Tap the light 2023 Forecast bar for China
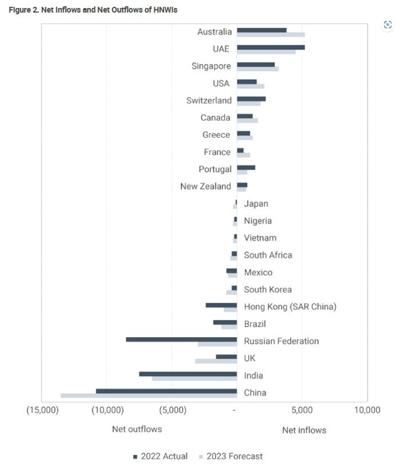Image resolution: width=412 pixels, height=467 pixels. pos(149,396)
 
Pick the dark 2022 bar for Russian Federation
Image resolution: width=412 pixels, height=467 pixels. pos(182,340)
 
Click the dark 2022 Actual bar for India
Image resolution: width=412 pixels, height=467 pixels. pos(188,374)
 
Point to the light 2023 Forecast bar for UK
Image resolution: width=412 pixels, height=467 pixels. pos(216,361)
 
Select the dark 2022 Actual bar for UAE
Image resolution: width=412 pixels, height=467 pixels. pos(271,47)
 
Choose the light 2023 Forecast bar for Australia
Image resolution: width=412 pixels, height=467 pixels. pos(271,34)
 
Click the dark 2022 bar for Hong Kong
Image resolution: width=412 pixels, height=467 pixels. pos(221,305)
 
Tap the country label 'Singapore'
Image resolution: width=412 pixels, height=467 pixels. pos(211,66)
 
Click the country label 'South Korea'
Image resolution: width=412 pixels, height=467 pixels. pos(267,290)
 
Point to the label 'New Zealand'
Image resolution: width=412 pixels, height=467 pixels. pos(206,187)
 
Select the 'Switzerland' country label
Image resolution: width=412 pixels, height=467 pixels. pos(209,100)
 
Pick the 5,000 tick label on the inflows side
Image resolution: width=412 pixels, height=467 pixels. pos(302,410)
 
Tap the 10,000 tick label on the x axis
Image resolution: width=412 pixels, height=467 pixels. pos(366,410)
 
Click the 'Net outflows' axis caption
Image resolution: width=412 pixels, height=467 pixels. pos(137,429)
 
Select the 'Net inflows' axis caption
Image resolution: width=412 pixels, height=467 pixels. pos(304,431)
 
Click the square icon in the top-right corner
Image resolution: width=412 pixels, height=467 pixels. pos(388,24)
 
